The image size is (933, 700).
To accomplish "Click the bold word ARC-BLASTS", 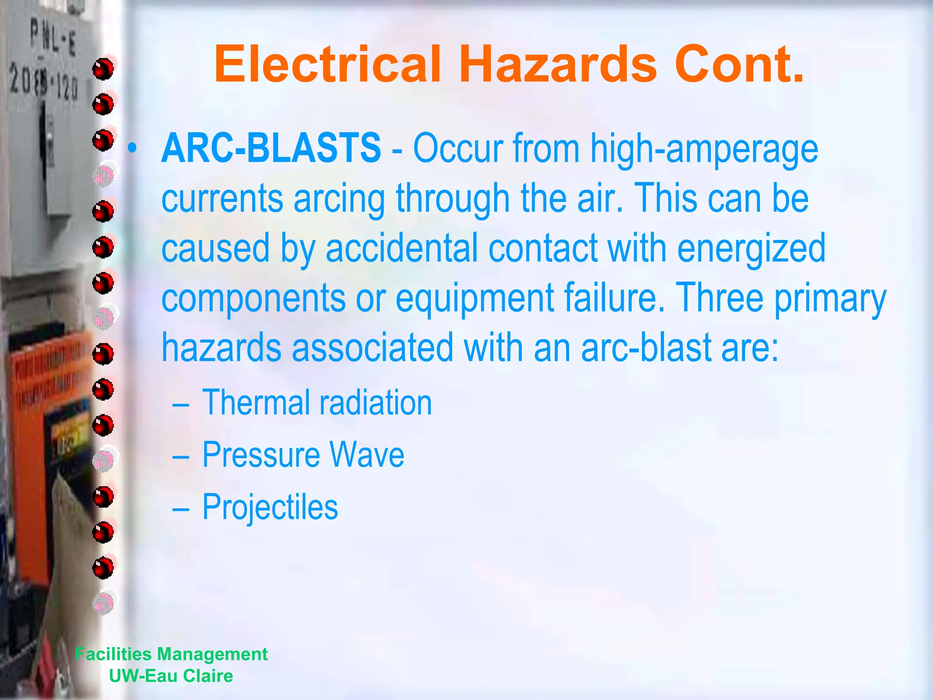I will (271, 148).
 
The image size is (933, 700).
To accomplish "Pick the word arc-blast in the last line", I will (645, 347).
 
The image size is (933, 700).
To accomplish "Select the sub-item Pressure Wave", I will (303, 455).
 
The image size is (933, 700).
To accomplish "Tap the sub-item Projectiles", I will (270, 507).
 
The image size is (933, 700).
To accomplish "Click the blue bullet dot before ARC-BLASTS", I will (132, 148).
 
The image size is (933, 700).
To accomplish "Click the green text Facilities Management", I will (171, 654).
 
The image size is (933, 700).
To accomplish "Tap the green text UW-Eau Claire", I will (171, 676).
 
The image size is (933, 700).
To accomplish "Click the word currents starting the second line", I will (222, 199).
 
